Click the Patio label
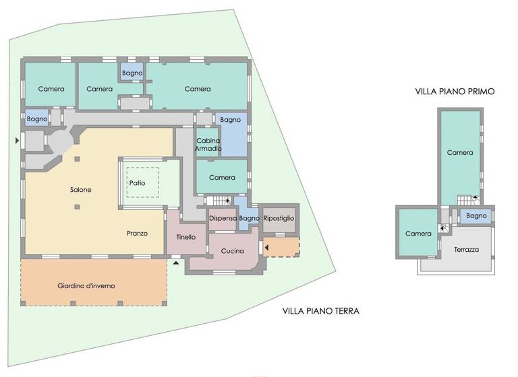(138, 182)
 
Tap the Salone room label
(80, 190)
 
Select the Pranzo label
(137, 234)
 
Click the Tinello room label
(185, 237)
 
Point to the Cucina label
(233, 250)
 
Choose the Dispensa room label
(223, 219)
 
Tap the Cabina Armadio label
(208, 144)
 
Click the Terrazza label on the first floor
(466, 249)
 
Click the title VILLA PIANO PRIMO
(455, 91)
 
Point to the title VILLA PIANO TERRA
(320, 311)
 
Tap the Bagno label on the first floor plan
(476, 216)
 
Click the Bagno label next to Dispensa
(249, 219)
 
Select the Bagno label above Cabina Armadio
(230, 120)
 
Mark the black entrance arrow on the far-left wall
(17, 141)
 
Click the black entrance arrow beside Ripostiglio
(266, 248)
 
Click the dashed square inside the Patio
(142, 182)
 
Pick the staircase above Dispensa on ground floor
(218, 201)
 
